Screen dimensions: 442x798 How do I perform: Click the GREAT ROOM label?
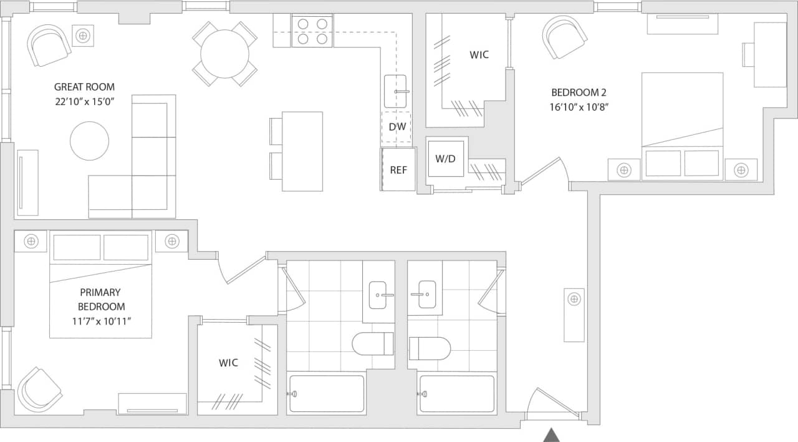[x=84, y=87]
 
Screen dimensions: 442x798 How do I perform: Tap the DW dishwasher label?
[x=397, y=127]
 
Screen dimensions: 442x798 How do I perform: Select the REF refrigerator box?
[x=398, y=169]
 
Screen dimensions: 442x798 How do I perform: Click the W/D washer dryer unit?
[x=445, y=159]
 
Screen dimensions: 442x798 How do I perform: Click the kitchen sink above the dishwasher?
[x=395, y=91]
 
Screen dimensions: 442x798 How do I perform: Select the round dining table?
[x=224, y=54]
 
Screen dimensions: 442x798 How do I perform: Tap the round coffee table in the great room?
[x=89, y=140]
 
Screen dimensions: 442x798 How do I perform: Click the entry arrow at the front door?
[x=551, y=435]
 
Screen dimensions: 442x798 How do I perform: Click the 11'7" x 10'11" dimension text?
[x=100, y=321]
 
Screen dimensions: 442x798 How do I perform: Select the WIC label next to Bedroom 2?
[x=479, y=55]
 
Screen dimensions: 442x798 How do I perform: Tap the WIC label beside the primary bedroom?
[x=228, y=363]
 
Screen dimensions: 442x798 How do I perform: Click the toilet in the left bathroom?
[x=373, y=343]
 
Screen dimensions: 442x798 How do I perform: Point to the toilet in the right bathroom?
[x=430, y=348]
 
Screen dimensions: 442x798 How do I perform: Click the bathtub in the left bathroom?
[x=326, y=393]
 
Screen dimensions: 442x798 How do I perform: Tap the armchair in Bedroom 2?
[x=564, y=37]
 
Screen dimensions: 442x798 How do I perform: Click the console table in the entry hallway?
[x=574, y=315]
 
